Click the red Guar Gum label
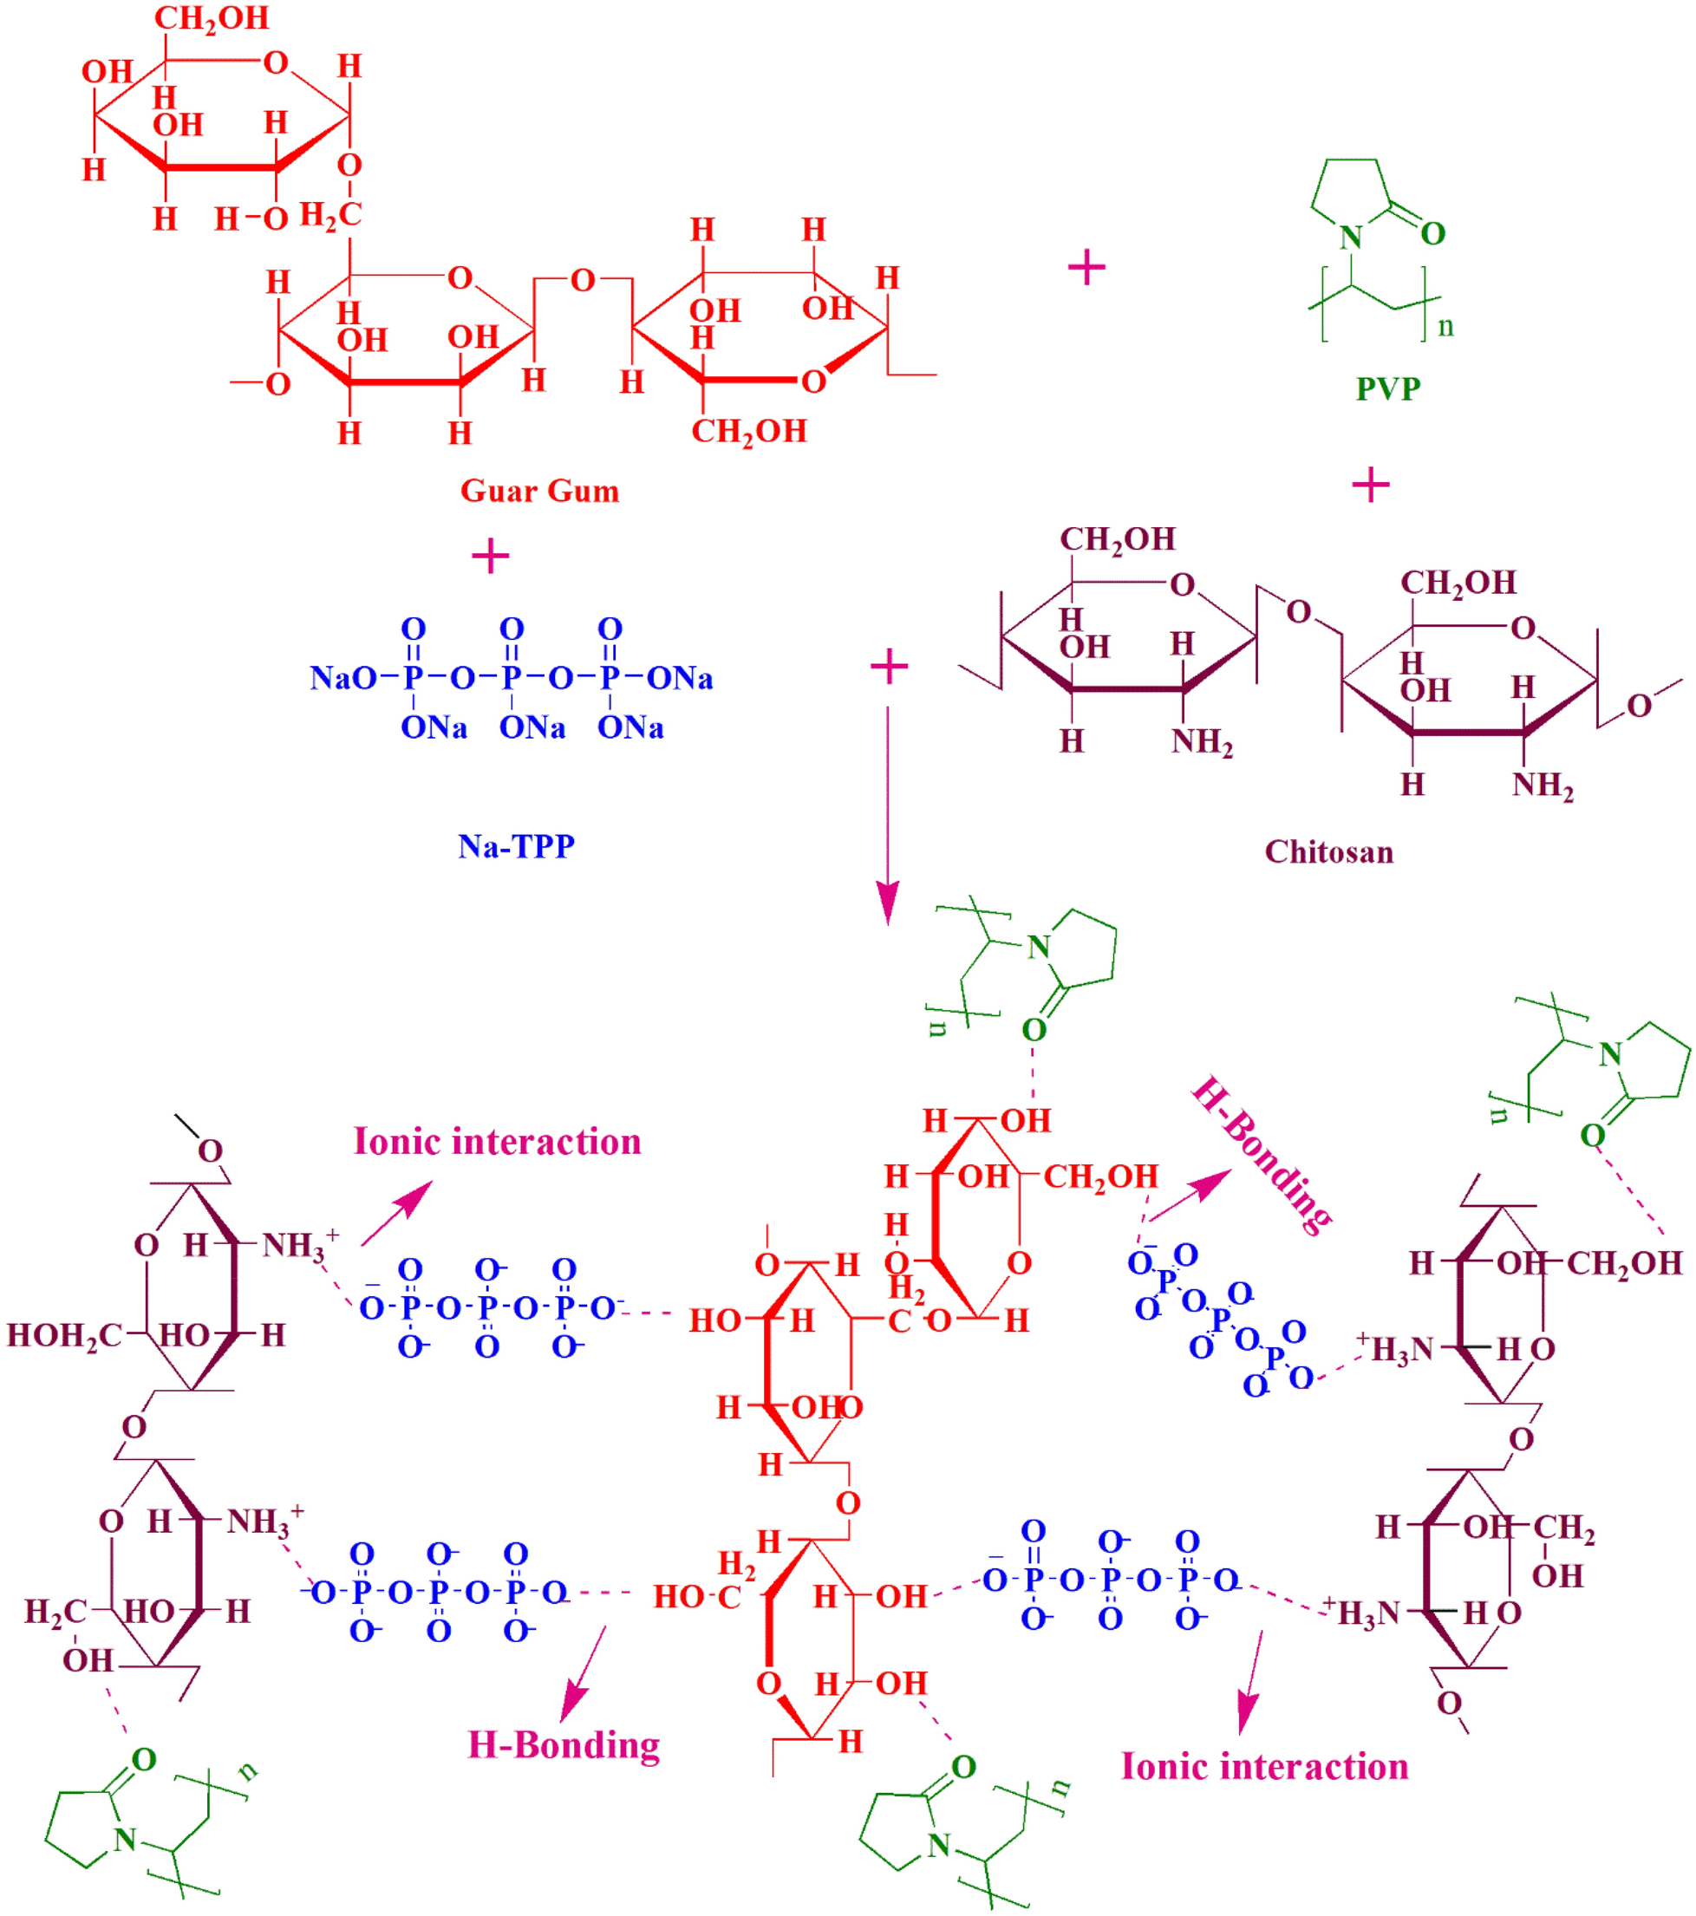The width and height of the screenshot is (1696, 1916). click(x=539, y=492)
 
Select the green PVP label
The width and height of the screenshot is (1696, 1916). click(x=1387, y=388)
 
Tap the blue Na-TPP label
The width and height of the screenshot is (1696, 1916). click(x=516, y=846)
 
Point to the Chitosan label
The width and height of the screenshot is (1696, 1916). click(x=1328, y=852)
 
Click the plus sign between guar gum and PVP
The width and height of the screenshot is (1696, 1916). click(x=1086, y=268)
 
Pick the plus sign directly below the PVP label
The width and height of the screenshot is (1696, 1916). click(x=1370, y=486)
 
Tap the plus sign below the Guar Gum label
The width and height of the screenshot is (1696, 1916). click(x=489, y=557)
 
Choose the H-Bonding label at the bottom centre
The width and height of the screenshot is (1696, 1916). click(x=564, y=1746)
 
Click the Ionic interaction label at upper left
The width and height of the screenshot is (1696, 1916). click(x=497, y=1142)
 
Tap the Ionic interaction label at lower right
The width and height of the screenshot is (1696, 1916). click(x=1265, y=1767)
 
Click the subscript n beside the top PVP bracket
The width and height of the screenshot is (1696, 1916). click(x=1445, y=327)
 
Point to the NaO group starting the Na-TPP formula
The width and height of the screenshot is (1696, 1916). click(x=343, y=678)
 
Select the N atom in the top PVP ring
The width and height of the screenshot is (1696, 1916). click(x=1350, y=238)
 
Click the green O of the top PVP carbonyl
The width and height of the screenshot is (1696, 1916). click(x=1432, y=233)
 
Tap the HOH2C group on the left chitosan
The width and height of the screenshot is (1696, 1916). click(x=64, y=1336)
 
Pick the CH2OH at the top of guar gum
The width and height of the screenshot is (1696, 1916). click(x=212, y=19)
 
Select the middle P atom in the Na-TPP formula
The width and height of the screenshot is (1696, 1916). click(x=511, y=678)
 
